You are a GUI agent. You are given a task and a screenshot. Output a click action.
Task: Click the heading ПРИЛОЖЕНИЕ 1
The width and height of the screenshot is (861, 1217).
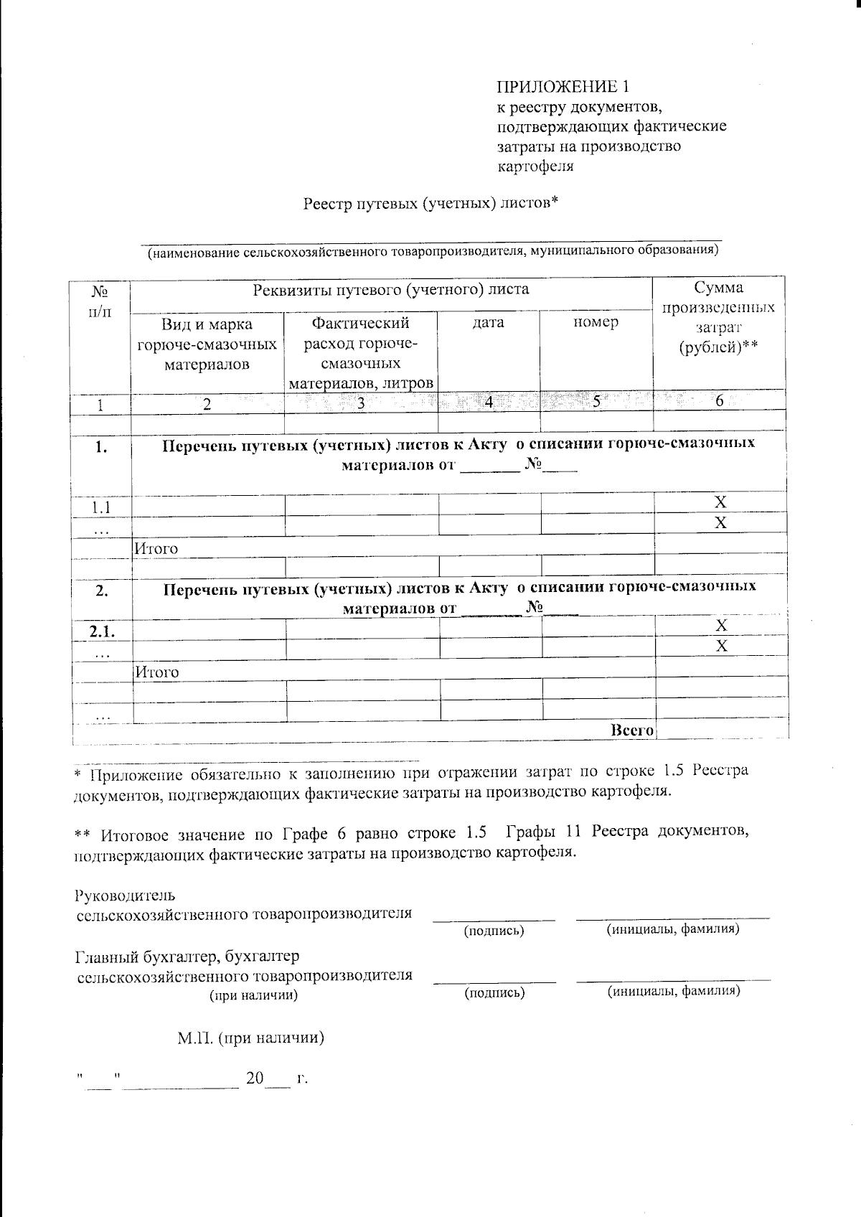point(564,87)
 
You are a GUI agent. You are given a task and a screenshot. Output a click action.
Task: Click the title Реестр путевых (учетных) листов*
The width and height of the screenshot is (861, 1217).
point(430,204)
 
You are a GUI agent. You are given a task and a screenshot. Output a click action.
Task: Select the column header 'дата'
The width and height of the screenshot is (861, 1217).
point(489,323)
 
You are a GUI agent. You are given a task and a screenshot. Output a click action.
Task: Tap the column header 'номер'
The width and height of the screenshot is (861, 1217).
point(596,323)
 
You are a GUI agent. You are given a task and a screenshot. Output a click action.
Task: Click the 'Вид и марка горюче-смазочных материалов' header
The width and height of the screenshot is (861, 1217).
point(207,344)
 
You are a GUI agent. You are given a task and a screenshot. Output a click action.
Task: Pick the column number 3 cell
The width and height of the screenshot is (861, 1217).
point(361,403)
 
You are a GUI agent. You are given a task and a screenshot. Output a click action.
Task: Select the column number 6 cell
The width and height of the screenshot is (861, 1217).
point(720,403)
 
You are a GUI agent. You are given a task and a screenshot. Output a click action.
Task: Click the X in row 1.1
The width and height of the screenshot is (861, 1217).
point(721,502)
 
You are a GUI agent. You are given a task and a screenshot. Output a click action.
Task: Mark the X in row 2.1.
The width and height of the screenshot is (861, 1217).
point(721,626)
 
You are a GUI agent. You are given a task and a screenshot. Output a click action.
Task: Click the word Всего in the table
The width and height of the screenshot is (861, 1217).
point(631,730)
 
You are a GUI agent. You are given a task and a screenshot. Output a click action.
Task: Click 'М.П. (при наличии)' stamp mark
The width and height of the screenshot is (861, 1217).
point(251,1038)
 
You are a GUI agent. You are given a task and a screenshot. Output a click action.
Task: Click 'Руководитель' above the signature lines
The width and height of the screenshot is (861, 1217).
point(124,896)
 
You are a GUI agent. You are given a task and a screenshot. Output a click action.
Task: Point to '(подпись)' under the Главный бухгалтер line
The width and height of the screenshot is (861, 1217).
point(494,993)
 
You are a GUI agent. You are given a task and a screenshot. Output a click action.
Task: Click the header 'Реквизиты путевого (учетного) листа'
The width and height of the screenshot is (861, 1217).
point(391,290)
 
